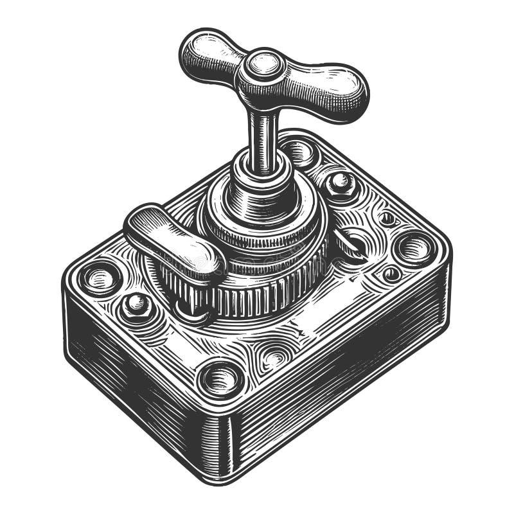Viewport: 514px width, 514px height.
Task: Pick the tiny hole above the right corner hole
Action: [387, 218]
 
